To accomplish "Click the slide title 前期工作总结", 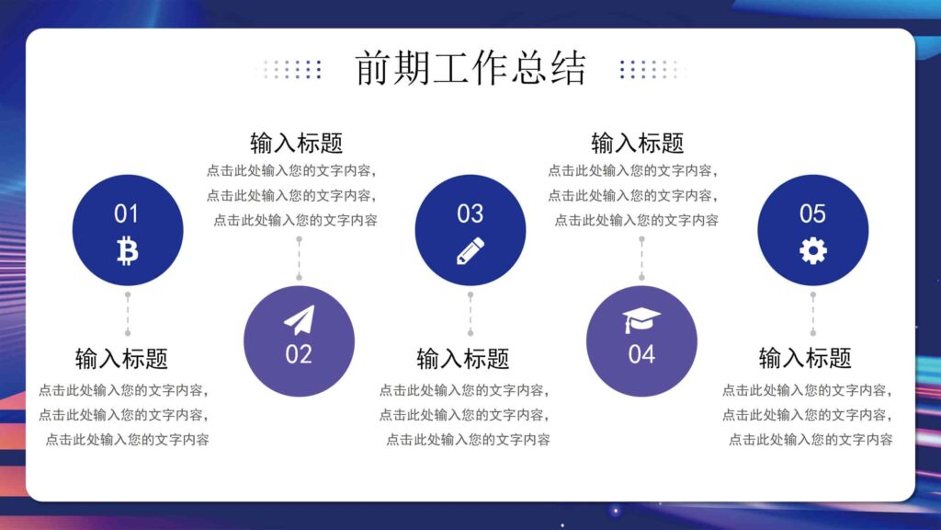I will [x=470, y=69].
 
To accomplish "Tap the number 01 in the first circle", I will [x=126, y=214].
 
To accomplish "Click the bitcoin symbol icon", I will [x=127, y=250].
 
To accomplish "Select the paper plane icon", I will [x=299, y=320].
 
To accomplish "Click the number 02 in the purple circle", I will [x=299, y=354].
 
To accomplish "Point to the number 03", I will [x=470, y=214].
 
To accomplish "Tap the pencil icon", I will [x=470, y=250].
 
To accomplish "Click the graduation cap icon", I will [x=641, y=320].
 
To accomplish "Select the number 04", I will [x=641, y=354].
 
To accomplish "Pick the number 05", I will [x=812, y=214].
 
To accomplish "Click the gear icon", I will [x=812, y=250].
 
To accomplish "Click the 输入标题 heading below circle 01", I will [x=121, y=358].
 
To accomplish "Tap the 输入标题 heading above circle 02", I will [x=296, y=144].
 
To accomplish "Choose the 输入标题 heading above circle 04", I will [x=637, y=144].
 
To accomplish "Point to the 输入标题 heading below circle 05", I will [x=805, y=358].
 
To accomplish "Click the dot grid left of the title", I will [x=289, y=69].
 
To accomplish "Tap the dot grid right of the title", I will [x=652, y=69].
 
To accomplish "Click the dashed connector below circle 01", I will [x=128, y=314].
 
